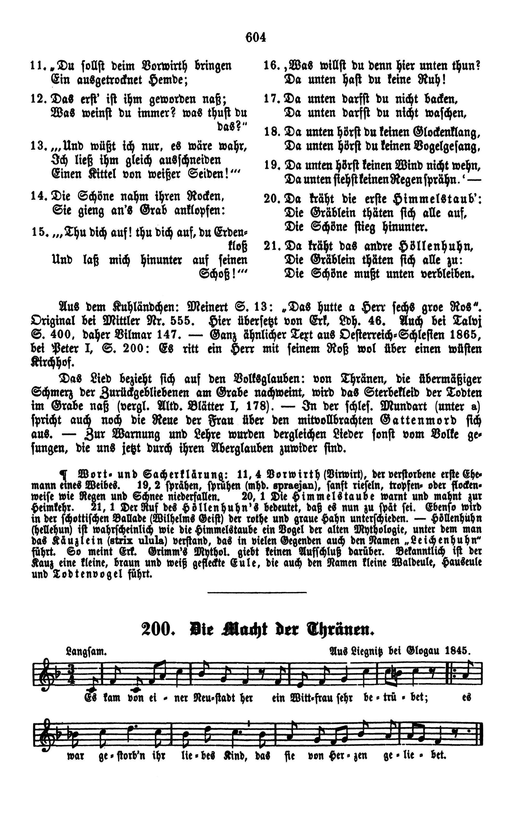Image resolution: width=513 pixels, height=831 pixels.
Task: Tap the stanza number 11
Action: tap(36, 66)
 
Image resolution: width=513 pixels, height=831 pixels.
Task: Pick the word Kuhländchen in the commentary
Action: tap(144, 307)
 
